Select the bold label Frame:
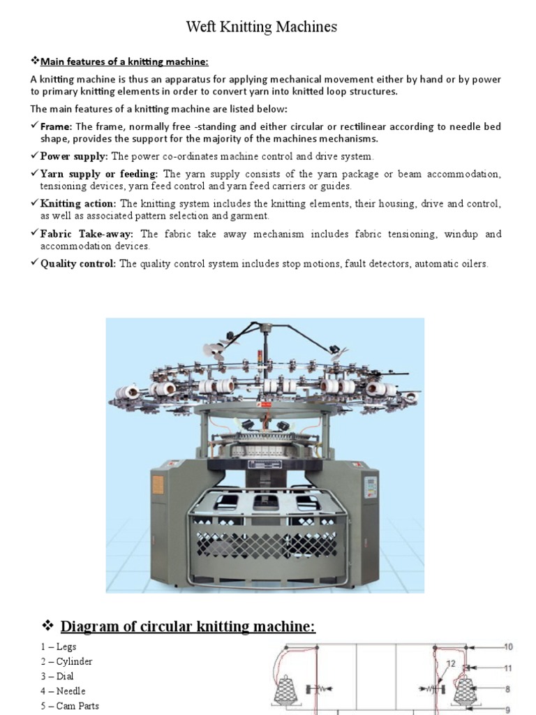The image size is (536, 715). [57, 126]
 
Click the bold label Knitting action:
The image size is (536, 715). [78, 204]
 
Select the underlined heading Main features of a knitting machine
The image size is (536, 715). [124, 61]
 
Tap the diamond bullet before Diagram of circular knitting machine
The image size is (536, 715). [48, 625]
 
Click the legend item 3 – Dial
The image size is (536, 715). [57, 676]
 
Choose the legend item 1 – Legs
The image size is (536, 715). [58, 647]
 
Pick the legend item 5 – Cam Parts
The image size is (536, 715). [69, 706]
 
